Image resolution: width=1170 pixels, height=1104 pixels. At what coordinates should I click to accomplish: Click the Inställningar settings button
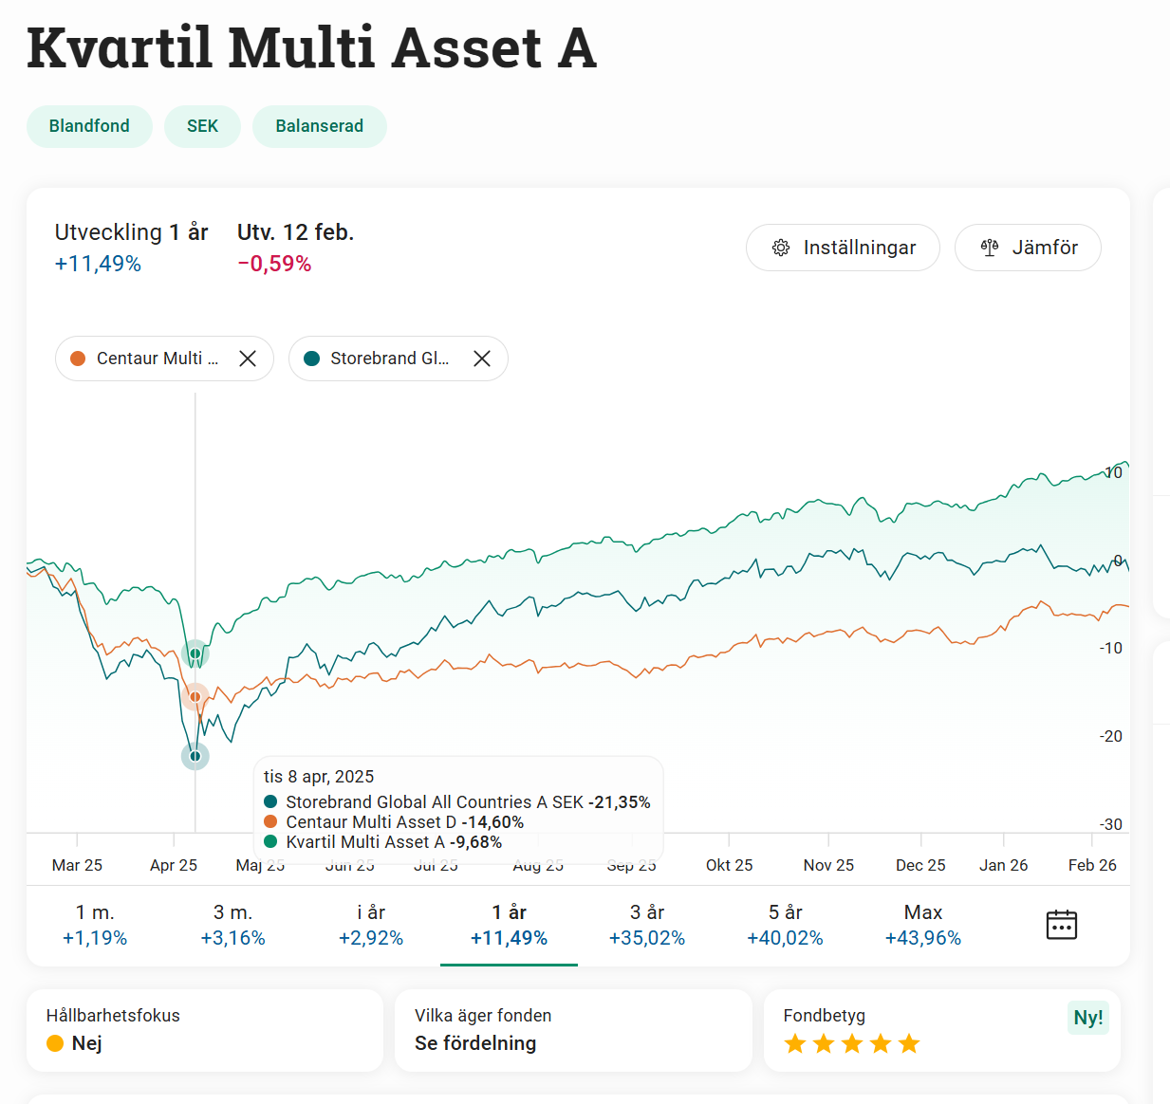[843, 248]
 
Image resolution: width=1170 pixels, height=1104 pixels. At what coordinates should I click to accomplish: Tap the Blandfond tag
[89, 126]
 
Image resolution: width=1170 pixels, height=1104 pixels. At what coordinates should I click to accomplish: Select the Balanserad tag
[319, 126]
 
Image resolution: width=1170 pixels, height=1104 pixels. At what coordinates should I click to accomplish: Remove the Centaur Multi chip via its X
[248, 359]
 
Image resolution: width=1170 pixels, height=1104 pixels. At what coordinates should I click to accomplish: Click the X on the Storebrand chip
[482, 359]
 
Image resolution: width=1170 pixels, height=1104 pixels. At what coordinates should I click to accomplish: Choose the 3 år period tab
[647, 925]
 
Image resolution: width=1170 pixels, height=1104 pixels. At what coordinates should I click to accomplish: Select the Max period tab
[922, 925]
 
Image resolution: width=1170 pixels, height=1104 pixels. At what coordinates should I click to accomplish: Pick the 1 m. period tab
[95, 925]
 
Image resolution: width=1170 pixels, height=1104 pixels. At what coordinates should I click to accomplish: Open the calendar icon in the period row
[1061, 925]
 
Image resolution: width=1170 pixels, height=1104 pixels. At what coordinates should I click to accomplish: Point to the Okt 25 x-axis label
[729, 865]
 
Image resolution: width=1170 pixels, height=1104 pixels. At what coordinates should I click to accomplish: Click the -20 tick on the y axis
[1110, 736]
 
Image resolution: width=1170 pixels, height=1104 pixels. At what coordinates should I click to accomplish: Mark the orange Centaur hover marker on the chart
[195, 697]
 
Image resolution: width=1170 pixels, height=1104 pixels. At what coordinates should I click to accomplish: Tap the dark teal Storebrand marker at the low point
[195, 756]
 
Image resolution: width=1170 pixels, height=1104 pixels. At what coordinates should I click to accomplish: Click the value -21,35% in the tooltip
[620, 802]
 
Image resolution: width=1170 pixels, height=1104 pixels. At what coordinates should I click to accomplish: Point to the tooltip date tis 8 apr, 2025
[319, 777]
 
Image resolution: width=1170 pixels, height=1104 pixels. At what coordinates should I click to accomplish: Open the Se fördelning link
[475, 1043]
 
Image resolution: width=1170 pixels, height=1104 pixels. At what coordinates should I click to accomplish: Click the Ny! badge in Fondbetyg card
[1088, 1018]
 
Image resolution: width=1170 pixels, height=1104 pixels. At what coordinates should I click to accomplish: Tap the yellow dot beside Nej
[55, 1043]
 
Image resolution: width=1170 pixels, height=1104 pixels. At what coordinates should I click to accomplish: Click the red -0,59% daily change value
[274, 264]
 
